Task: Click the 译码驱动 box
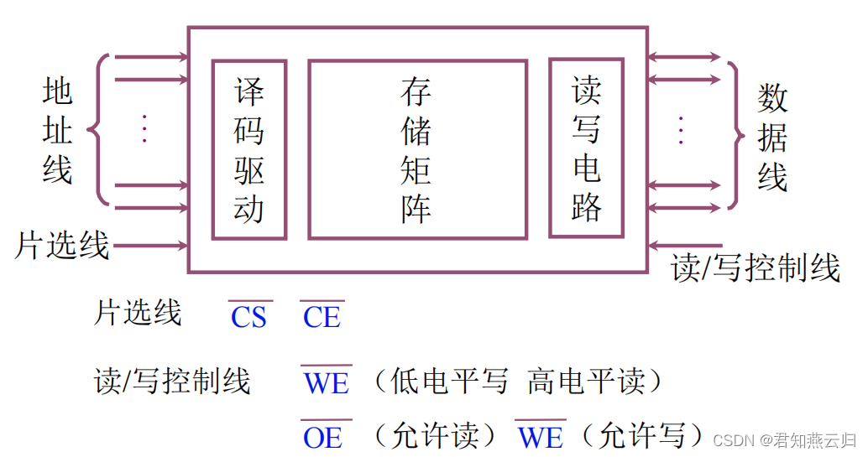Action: point(249,149)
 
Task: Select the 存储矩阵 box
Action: point(417,149)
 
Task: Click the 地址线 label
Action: point(58,132)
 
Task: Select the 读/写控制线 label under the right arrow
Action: point(756,268)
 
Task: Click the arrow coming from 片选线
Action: point(151,246)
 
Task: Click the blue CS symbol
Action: point(248,317)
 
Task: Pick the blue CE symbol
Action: point(322,317)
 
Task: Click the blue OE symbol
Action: point(322,436)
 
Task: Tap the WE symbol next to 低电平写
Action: point(327,382)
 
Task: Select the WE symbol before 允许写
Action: point(541,436)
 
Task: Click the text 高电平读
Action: point(595,382)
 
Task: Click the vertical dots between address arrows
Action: point(144,128)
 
